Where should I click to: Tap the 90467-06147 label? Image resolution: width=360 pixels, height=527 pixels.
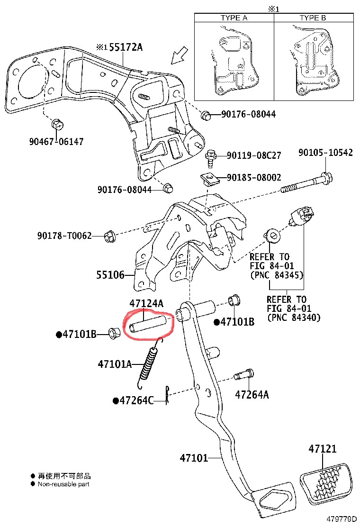[56, 142]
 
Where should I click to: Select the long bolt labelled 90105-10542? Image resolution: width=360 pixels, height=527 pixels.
[306, 183]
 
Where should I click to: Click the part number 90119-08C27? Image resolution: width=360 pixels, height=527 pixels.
[254, 155]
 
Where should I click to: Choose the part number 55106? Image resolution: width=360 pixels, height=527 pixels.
[110, 275]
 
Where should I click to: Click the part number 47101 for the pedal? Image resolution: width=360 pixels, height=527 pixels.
[194, 458]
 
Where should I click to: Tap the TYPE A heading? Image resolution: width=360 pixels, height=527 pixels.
[234, 18]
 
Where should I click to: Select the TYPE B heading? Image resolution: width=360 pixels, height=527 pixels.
[313, 18]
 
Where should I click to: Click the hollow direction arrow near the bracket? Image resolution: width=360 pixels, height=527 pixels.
[180, 55]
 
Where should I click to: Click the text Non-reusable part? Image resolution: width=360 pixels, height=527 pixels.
[63, 484]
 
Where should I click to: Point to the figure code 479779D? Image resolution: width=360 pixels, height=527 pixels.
[341, 519]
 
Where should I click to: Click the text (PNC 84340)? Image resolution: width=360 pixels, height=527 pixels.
[294, 317]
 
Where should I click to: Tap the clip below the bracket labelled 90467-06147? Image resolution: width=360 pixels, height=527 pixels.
[58, 125]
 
